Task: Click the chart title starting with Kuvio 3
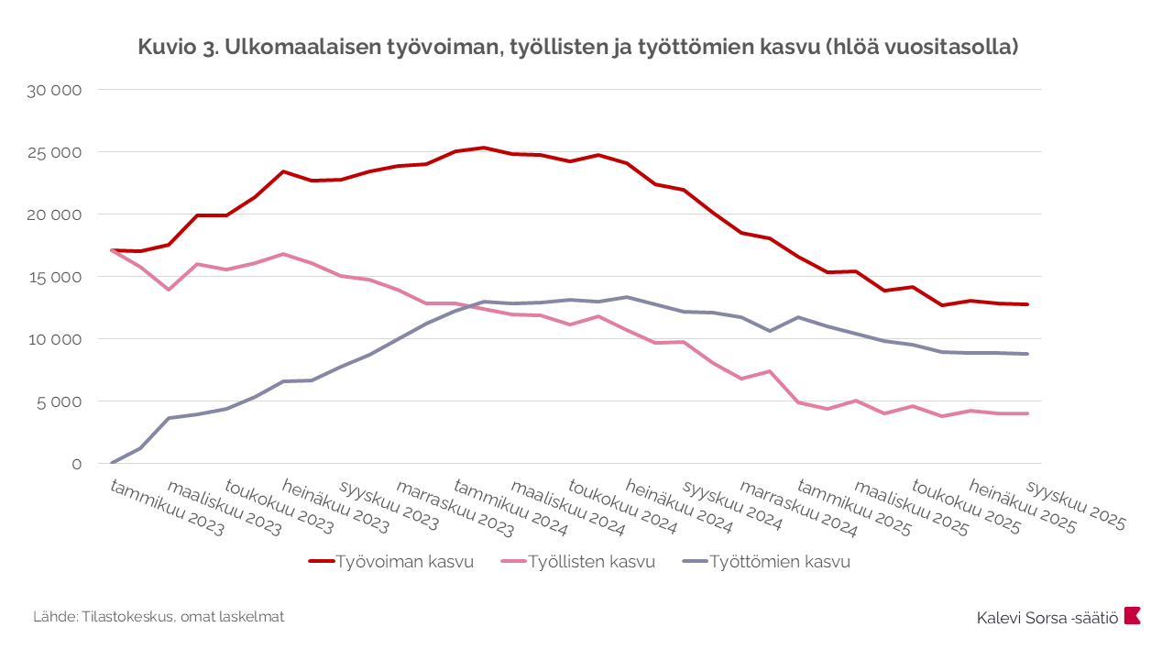(578, 48)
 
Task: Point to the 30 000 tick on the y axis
(56, 90)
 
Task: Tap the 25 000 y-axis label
(56, 152)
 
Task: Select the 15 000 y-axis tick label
(56, 277)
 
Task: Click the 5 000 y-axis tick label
(60, 401)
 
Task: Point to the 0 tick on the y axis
(77, 464)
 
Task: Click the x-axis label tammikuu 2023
(166, 507)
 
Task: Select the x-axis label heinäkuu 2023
(335, 507)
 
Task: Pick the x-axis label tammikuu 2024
(510, 507)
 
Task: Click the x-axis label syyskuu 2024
(733, 505)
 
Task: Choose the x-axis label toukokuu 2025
(967, 507)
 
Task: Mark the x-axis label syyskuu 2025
(1075, 505)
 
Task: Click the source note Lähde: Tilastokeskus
(159, 617)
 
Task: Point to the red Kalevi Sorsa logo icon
(1133, 615)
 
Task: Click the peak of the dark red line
(483, 148)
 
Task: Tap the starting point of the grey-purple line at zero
(112, 463)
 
